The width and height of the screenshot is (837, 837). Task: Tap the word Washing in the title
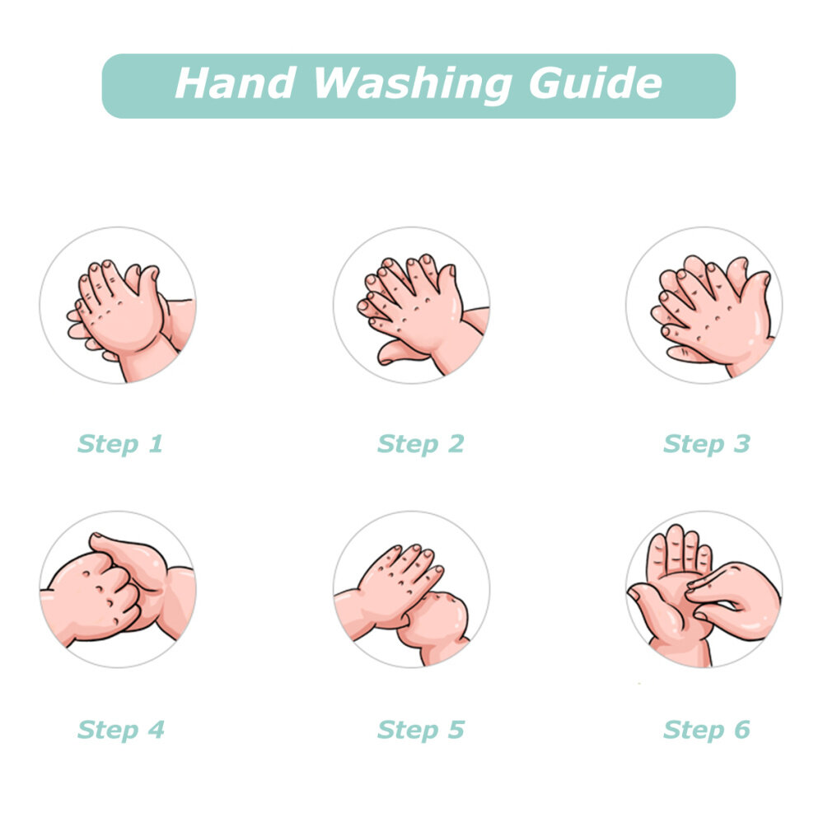[413, 85]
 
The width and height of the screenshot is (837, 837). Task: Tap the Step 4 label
[120, 730]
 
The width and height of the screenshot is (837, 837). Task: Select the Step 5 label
[421, 730]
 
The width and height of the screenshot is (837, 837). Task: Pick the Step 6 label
[707, 730]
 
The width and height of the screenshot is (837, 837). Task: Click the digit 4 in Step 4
[156, 729]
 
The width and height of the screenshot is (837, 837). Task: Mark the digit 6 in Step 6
[742, 729]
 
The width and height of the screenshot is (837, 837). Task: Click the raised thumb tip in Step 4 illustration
[96, 536]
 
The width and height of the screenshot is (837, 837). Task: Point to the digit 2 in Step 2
[456, 443]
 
